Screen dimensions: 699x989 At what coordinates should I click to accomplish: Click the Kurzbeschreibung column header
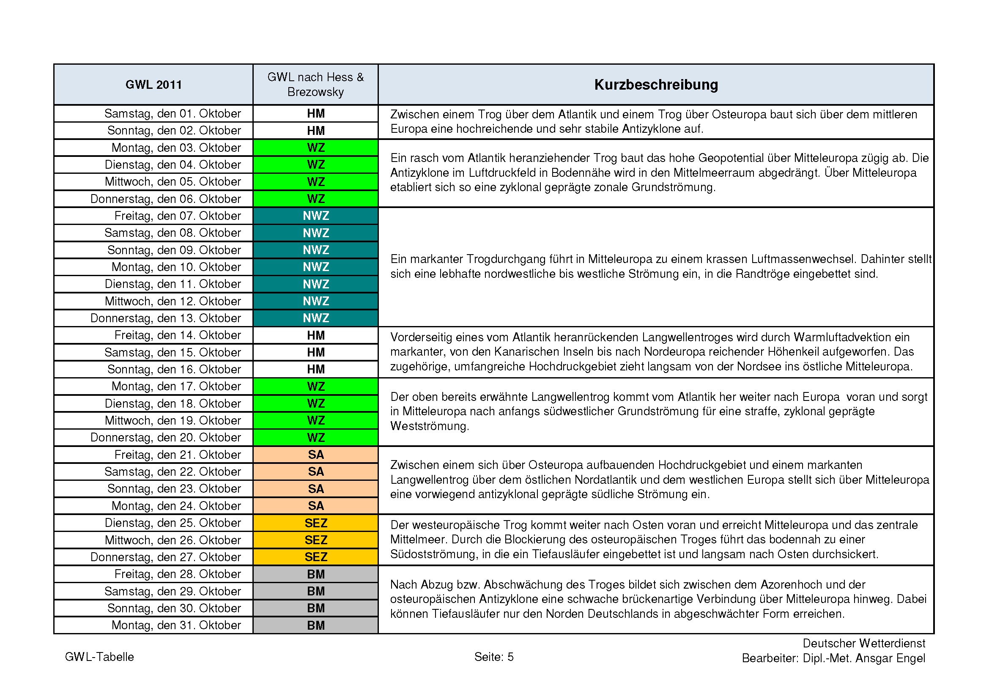[656, 85]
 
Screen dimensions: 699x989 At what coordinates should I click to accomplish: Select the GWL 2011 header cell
[153, 85]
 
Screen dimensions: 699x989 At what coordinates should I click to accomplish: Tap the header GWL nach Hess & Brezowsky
[315, 85]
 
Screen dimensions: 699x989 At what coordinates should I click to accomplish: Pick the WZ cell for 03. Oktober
[315, 148]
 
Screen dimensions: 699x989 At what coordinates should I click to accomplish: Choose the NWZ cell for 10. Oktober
[315, 267]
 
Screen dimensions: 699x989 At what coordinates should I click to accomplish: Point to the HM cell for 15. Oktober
[315, 352]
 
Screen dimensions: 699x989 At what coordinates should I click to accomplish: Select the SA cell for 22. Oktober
[315, 471]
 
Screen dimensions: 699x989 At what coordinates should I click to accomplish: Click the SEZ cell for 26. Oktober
[315, 540]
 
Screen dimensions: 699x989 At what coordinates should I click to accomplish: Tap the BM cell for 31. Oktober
[315, 625]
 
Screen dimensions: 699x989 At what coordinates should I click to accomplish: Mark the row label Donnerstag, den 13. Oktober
[165, 318]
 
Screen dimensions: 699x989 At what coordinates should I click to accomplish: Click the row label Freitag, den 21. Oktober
[178, 455]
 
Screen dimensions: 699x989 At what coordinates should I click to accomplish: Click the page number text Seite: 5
[493, 657]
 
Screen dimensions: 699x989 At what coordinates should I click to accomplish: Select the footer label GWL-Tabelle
[99, 657]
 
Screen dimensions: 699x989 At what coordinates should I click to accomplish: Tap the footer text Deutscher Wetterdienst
[864, 644]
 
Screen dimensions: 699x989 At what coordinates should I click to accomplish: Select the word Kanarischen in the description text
[524, 352]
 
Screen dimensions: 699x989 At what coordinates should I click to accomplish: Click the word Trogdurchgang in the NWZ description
[506, 259]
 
